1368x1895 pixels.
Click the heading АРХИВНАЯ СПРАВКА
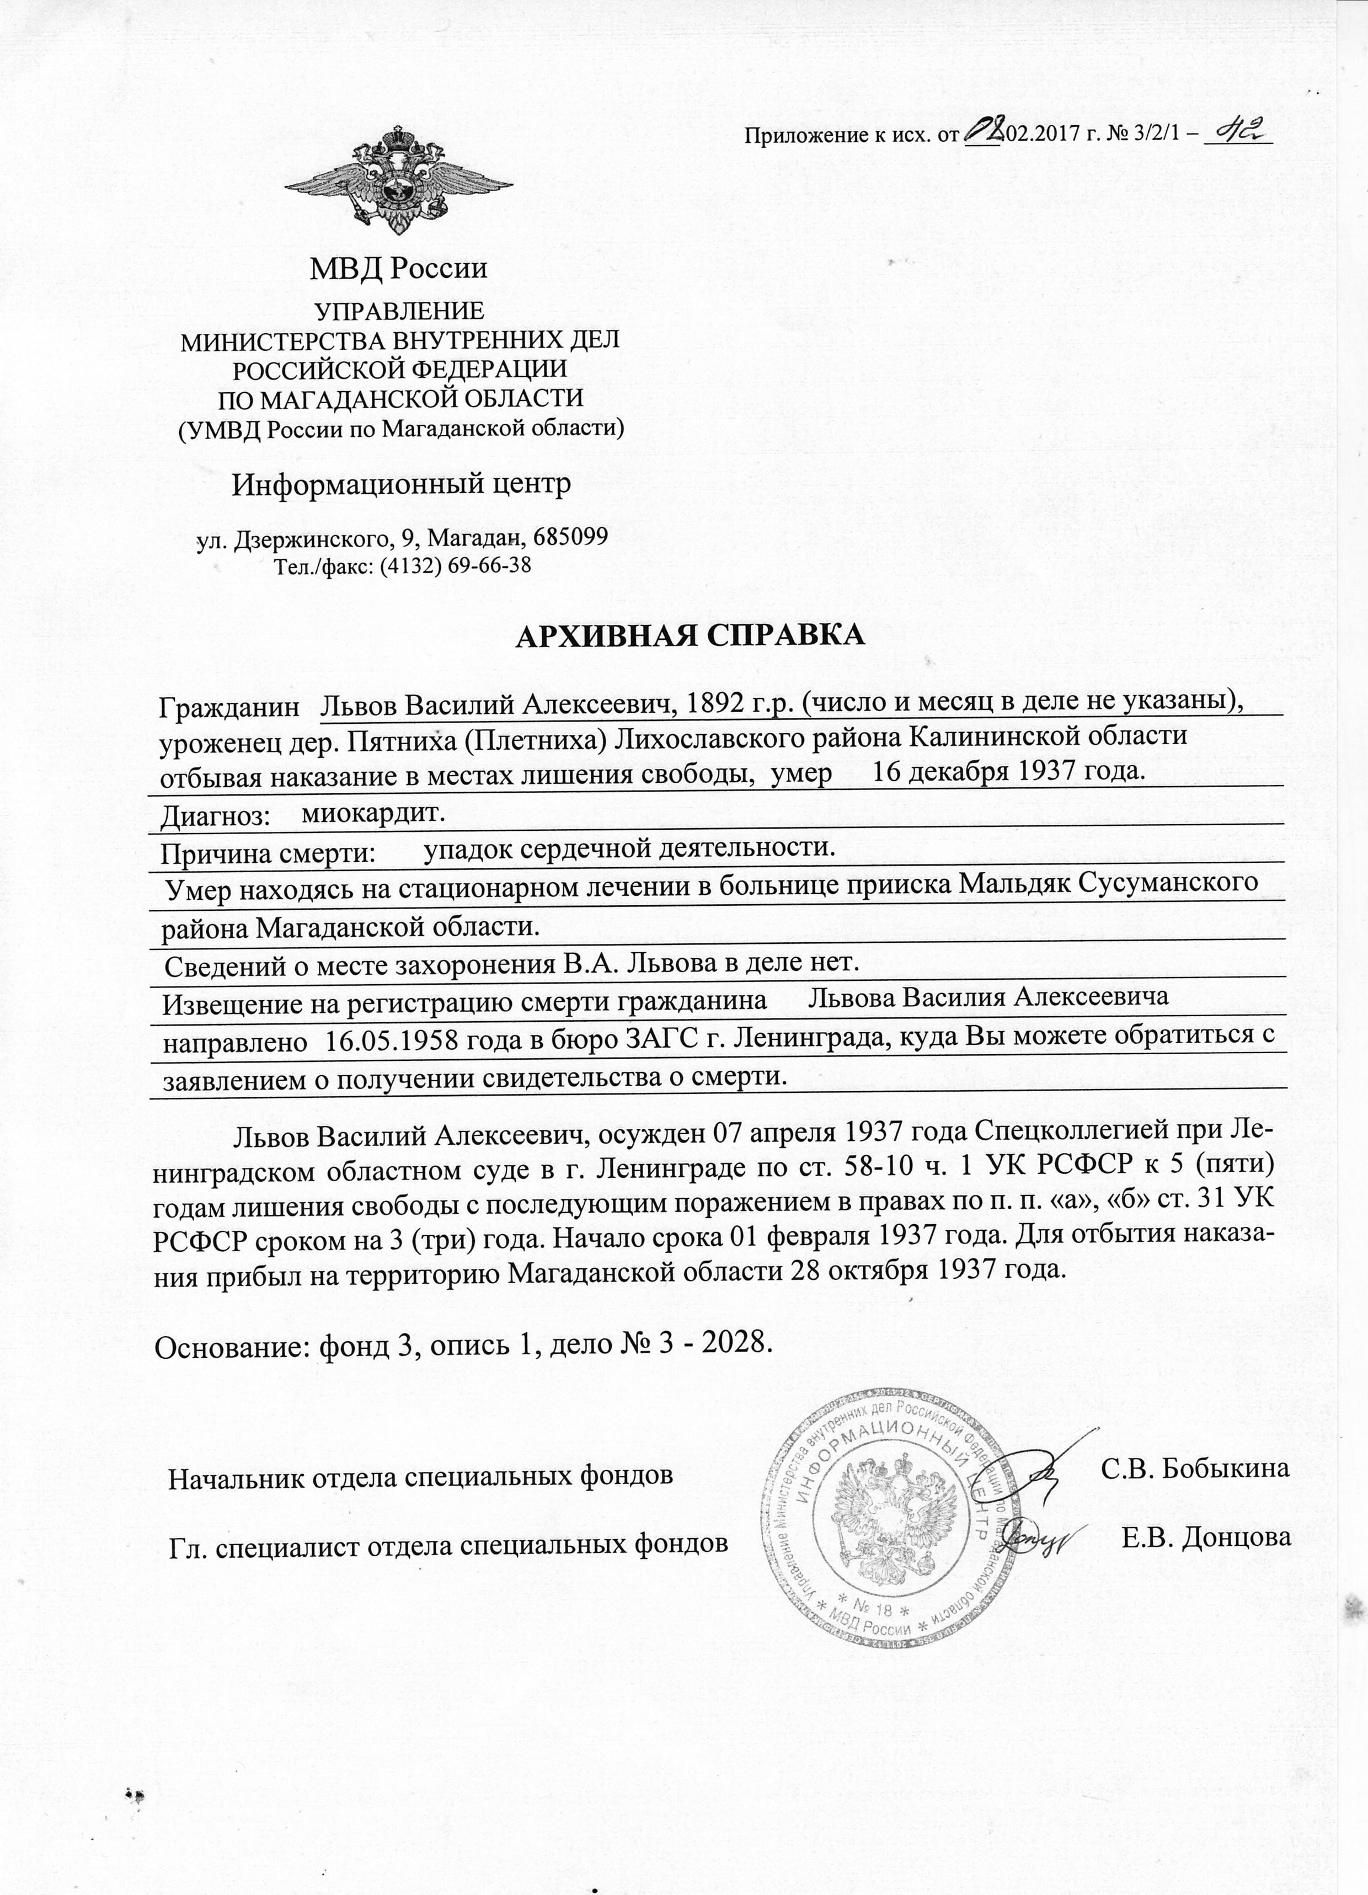pyautogui.click(x=690, y=635)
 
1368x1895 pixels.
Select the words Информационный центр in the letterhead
pyautogui.click(x=401, y=484)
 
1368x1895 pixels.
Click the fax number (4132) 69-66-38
pyautogui.click(x=456, y=565)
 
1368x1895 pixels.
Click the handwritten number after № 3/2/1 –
pyautogui.click(x=1238, y=132)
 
